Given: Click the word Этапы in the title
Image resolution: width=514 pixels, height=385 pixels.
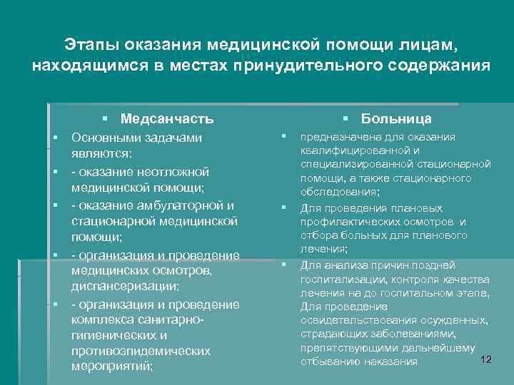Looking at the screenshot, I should point(91,46).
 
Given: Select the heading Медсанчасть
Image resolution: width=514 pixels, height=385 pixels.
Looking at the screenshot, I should point(167,118).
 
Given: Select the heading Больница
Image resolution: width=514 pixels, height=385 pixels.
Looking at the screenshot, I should point(396,118).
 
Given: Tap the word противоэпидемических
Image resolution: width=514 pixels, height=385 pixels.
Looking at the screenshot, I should point(141,351).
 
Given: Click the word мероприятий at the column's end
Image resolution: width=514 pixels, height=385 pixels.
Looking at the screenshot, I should point(112,367).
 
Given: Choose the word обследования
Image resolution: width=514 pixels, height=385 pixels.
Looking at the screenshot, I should point(340,192).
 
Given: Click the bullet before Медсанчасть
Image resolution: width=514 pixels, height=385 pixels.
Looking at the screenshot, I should point(104,118).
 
